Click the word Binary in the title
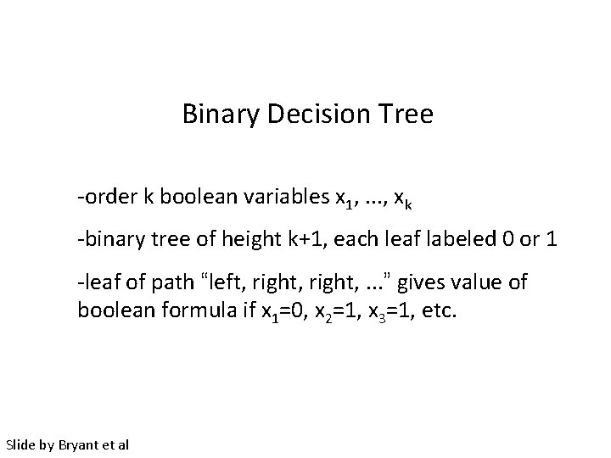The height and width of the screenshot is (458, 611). coord(214,114)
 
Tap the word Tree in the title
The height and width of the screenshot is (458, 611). coord(408,114)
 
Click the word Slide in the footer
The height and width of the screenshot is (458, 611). coord(20,444)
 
